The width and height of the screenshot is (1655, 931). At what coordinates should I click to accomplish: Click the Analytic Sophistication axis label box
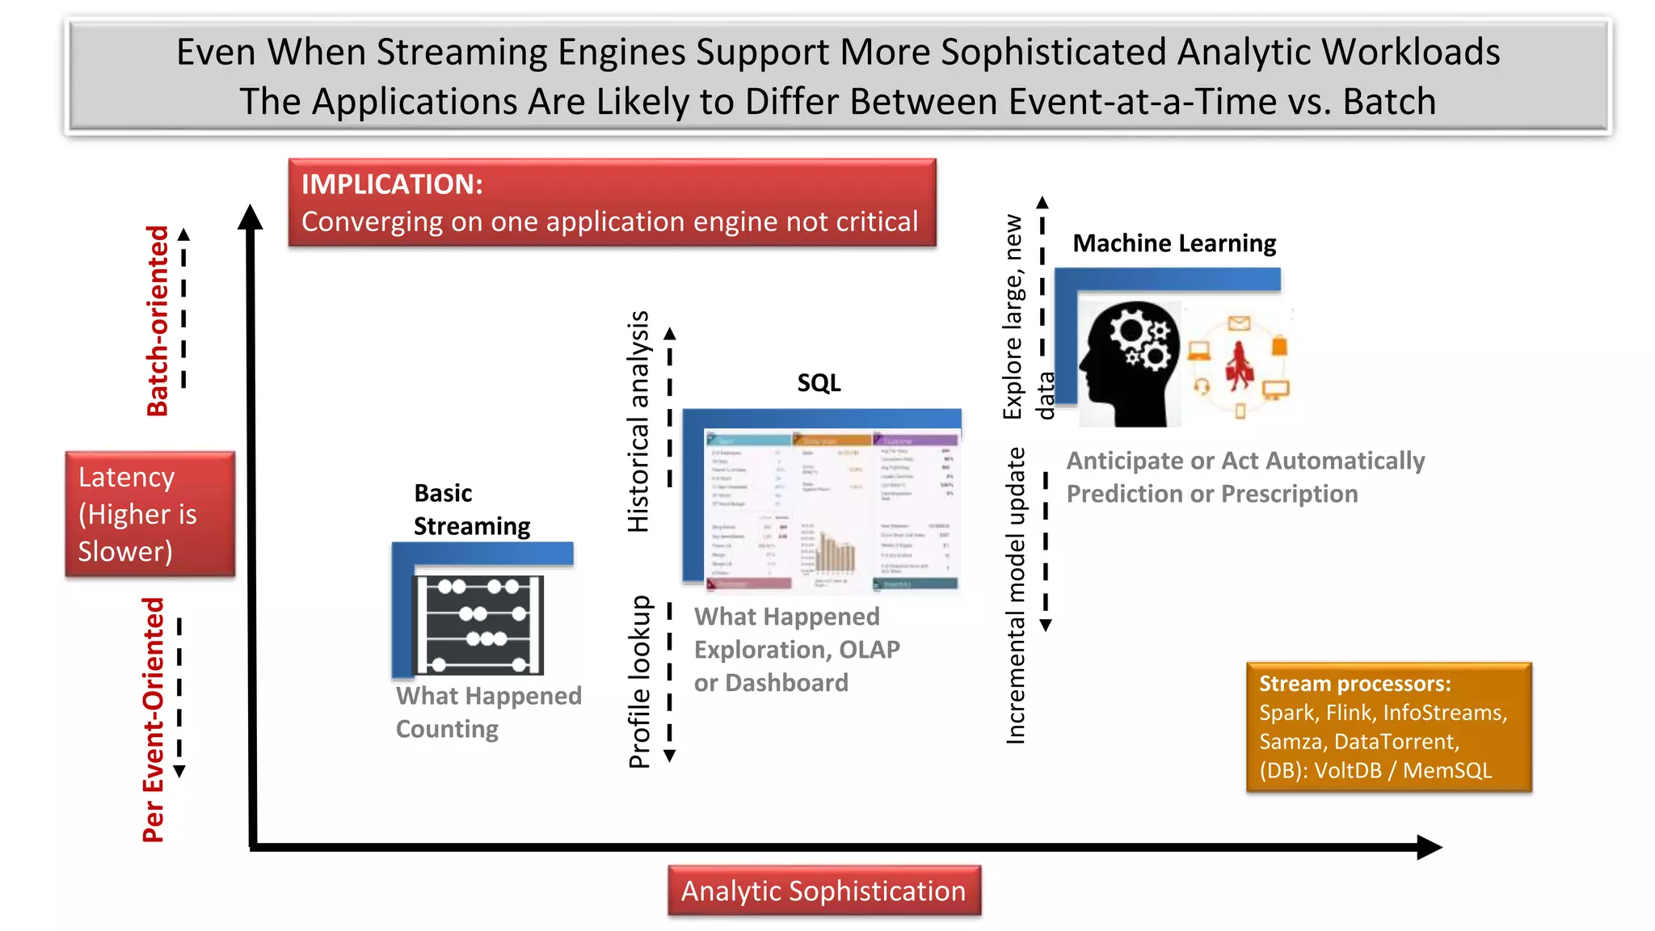coord(823,891)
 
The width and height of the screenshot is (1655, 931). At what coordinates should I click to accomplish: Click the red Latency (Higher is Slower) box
coord(149,514)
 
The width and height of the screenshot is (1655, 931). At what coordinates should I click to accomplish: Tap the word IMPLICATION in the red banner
coord(392,184)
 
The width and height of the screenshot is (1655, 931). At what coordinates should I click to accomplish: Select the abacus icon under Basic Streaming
coord(478,625)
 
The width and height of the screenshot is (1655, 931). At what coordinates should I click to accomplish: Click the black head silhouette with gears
coord(1130,364)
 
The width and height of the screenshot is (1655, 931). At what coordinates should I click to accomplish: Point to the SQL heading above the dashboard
coord(819,382)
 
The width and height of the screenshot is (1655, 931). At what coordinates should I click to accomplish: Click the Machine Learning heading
coord(1173,243)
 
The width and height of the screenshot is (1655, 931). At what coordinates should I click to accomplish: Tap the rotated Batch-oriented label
coord(158,321)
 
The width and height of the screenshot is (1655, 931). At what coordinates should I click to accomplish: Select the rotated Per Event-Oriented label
coord(154,719)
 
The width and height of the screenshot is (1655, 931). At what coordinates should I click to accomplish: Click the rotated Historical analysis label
coord(638,421)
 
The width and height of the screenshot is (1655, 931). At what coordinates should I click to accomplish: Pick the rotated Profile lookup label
coord(639,681)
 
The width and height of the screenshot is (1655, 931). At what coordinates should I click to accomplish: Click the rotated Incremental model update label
coord(1015,595)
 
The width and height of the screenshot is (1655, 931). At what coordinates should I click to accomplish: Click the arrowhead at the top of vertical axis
coord(251,217)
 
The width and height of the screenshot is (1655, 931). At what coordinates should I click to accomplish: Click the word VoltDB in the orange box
coord(1348,770)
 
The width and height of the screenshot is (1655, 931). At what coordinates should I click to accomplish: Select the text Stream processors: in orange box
coord(1354,684)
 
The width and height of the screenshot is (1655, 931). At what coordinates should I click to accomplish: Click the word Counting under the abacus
coord(447,729)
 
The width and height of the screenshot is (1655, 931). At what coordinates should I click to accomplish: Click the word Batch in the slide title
coord(1389,102)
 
